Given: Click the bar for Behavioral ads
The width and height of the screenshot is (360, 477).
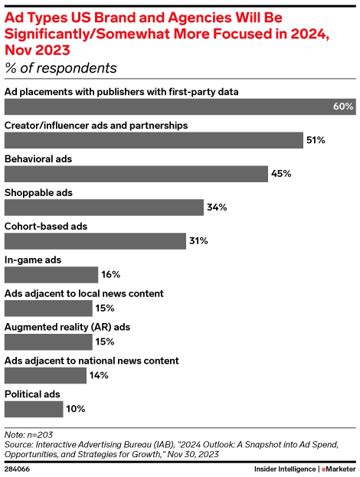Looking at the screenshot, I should point(136,173).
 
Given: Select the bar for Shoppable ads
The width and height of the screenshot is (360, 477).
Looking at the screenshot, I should point(104,207).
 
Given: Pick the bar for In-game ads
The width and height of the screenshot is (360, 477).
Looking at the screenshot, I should point(51,274).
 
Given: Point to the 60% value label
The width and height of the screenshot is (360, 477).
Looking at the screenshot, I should point(342,106).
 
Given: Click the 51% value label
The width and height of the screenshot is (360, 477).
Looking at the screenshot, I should point(316,140).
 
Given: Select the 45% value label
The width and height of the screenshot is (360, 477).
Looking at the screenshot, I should point(281,174).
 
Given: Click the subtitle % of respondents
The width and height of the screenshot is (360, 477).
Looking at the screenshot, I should point(61,68).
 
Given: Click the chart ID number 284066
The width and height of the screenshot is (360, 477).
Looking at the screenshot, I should point(18,469).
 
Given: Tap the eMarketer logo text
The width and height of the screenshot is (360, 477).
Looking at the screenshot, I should point(338,469).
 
